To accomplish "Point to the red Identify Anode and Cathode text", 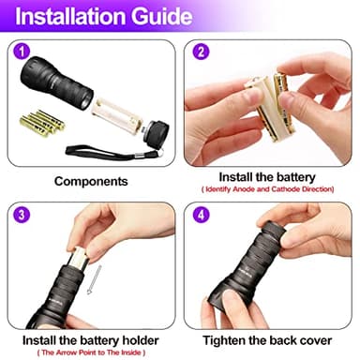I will (x=271, y=189).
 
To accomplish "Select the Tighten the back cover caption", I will (x=271, y=338).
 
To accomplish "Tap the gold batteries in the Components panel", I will (x=42, y=122).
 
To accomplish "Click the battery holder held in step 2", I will (x=268, y=108).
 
